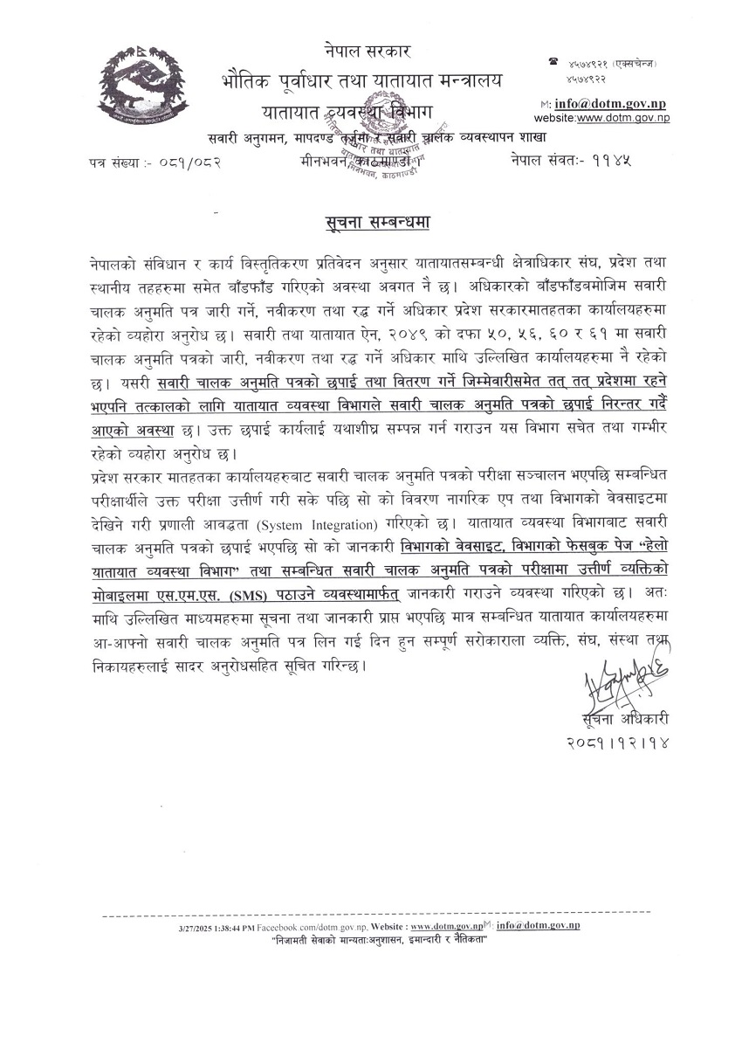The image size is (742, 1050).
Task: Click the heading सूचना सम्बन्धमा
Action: (374, 223)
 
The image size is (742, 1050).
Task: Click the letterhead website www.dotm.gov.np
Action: (622, 117)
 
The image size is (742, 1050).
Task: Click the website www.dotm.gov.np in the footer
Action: (446, 926)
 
